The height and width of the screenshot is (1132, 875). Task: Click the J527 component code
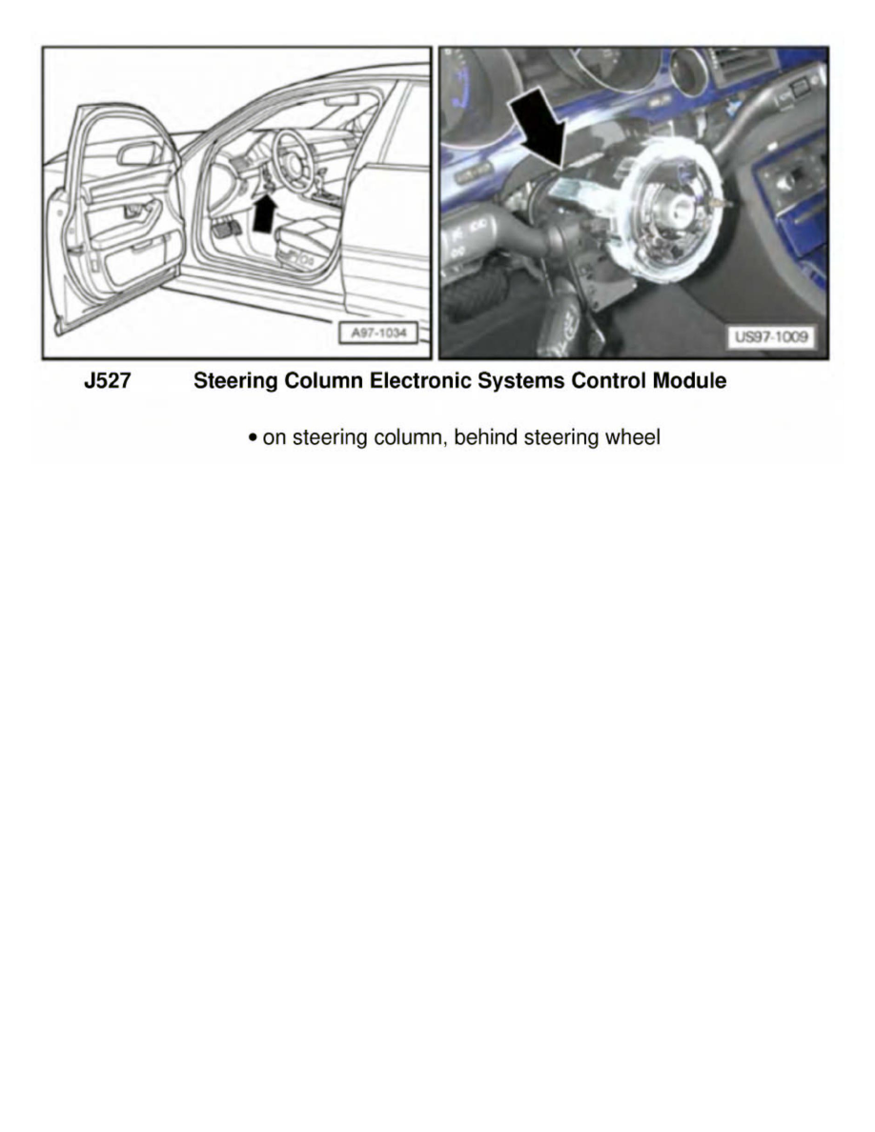pos(107,382)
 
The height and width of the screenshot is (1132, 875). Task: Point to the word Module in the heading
pos(689,382)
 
